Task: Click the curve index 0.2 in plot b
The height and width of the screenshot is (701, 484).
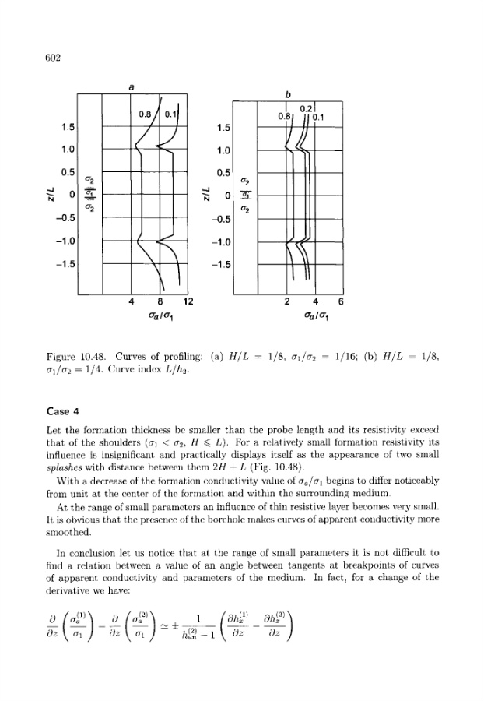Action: [306, 107]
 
